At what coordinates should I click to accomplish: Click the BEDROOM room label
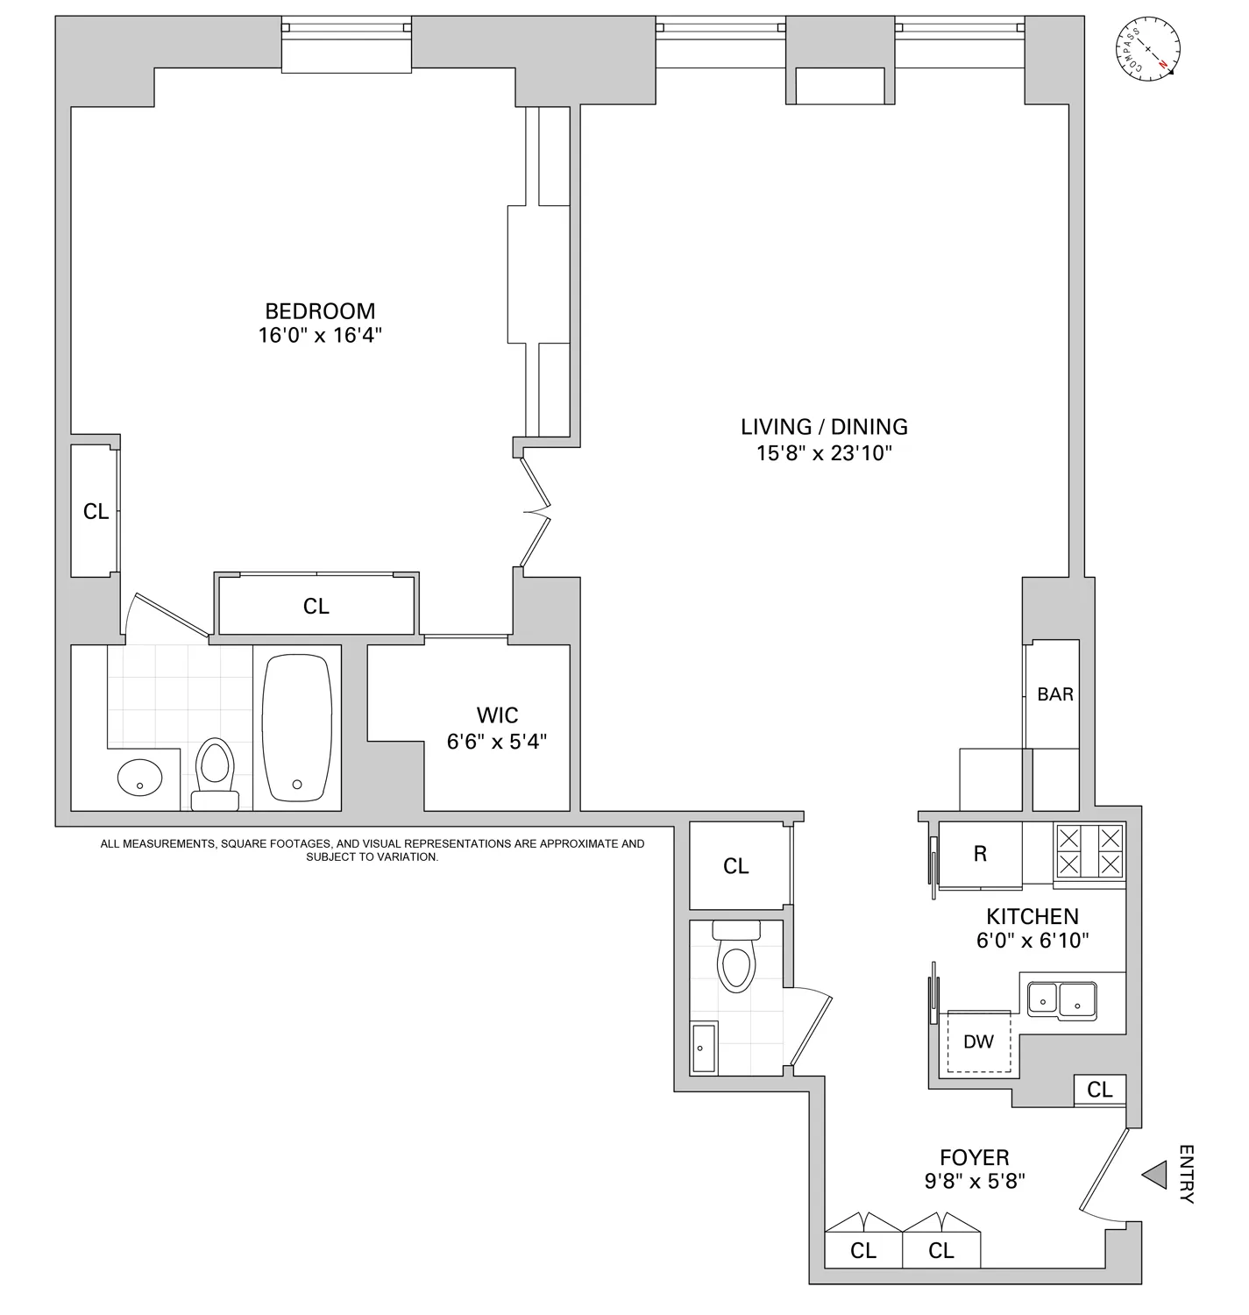tap(320, 311)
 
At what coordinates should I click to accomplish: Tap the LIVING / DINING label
tap(824, 427)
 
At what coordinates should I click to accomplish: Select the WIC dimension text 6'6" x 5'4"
tap(497, 742)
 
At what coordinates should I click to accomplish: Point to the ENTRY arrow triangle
tap(1155, 1175)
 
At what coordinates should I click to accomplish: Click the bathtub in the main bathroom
tap(297, 727)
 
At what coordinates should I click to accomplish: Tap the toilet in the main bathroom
tap(215, 771)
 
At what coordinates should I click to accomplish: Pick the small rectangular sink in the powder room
tap(704, 1048)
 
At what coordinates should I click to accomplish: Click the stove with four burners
tap(1088, 851)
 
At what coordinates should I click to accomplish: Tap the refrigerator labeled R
tap(980, 855)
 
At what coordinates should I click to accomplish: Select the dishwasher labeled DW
tap(979, 1041)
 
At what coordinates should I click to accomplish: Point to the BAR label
tap(1055, 694)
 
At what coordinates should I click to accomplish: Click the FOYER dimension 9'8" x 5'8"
tap(975, 1181)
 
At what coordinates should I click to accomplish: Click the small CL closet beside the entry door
tap(1100, 1090)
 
